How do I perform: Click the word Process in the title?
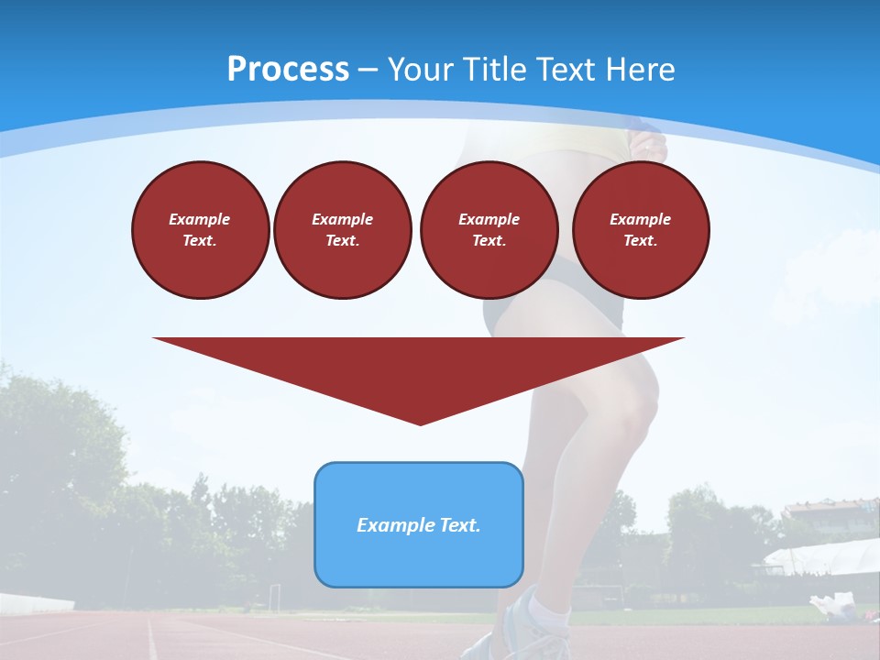coord(288,70)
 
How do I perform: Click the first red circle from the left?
coord(200,229)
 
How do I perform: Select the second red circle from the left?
coord(342,229)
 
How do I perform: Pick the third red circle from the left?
coord(489,229)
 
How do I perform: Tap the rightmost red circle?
coord(641,229)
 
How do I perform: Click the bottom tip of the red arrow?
coord(420,423)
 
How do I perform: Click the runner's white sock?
coord(550,610)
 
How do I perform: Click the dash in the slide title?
coord(368,70)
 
